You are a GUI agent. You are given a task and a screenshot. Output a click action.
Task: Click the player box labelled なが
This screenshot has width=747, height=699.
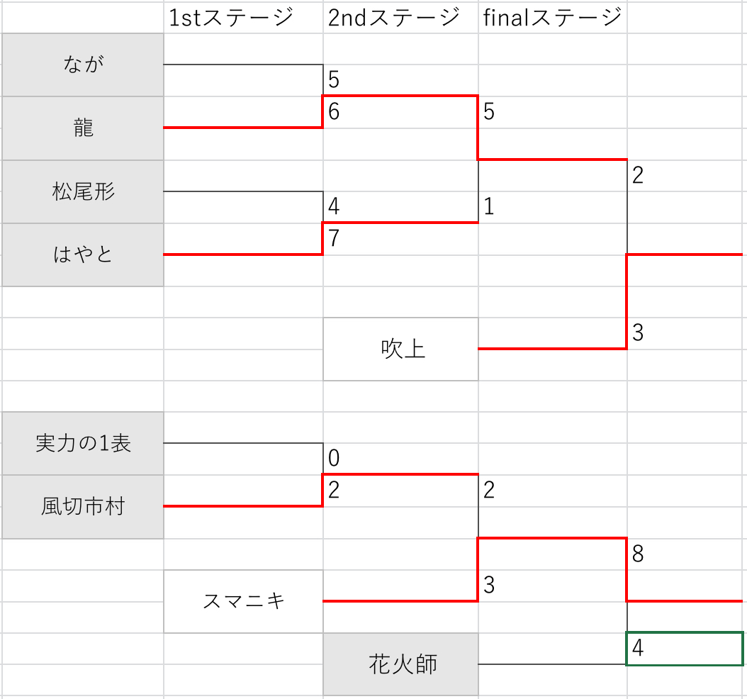[x=83, y=65]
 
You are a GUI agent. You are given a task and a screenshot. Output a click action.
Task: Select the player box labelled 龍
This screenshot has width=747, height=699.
[x=83, y=128]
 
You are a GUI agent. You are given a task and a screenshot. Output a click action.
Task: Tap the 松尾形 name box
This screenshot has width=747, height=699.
[x=83, y=191]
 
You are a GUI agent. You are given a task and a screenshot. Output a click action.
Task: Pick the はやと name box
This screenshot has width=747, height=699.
[x=83, y=255]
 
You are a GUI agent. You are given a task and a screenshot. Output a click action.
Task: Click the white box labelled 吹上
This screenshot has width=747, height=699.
[x=401, y=349]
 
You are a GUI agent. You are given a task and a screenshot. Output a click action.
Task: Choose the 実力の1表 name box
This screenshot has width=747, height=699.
[x=83, y=443]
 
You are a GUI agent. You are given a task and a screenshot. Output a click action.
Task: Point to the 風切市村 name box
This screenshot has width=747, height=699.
[x=83, y=506]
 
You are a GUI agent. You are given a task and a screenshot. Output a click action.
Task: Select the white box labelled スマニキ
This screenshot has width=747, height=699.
[x=244, y=601]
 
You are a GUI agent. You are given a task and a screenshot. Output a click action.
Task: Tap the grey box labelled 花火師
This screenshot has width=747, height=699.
[x=401, y=664]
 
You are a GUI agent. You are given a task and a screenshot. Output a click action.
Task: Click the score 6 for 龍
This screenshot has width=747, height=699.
[x=334, y=112]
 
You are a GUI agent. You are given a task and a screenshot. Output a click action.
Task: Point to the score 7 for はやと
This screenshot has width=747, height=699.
[x=334, y=238]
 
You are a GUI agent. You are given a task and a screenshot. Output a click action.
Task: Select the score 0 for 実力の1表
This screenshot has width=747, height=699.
[x=334, y=459]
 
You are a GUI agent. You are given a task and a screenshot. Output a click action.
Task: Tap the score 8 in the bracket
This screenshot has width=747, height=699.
[x=638, y=554]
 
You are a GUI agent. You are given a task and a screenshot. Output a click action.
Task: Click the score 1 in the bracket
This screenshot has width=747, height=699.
[x=489, y=206]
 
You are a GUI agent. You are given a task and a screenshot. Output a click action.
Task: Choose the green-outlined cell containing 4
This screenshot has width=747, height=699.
[x=685, y=649]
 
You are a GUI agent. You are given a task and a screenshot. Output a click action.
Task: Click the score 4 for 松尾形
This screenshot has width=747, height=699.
[x=334, y=206]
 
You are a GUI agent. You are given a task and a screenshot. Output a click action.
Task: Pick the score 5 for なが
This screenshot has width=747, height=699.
[x=334, y=80]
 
